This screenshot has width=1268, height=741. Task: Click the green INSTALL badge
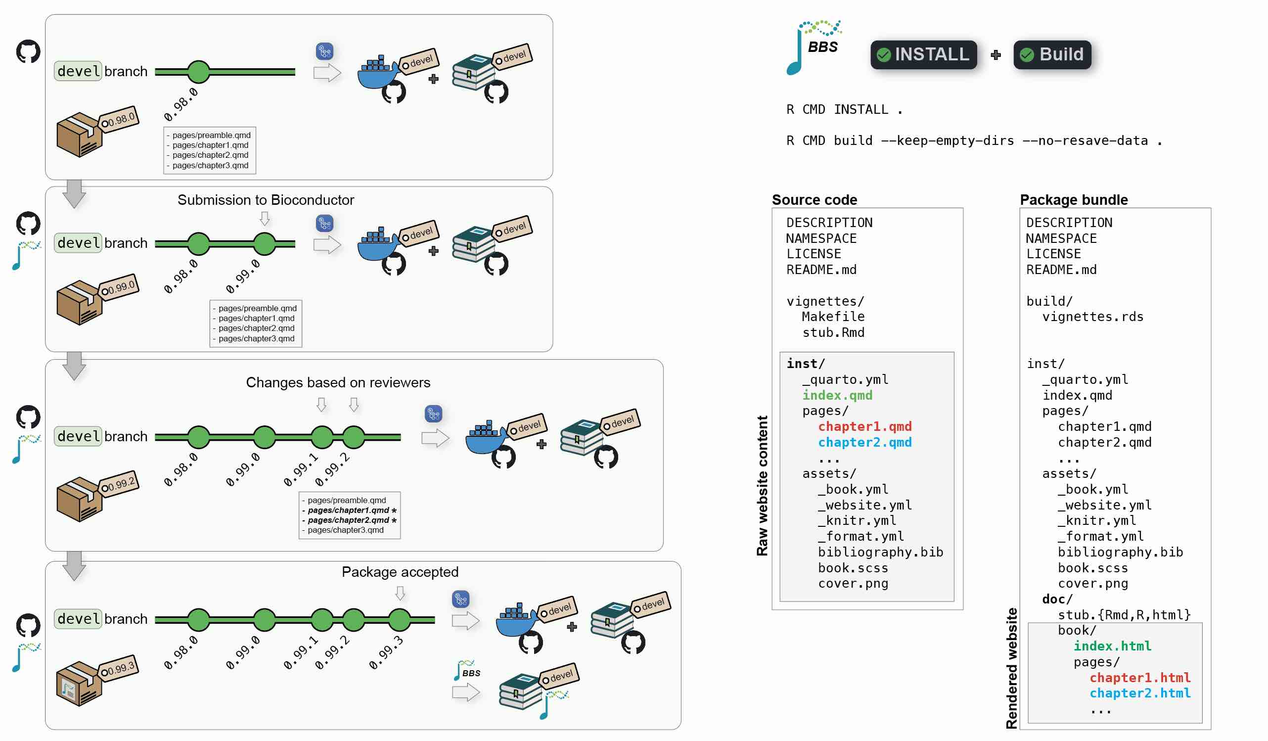[x=923, y=54]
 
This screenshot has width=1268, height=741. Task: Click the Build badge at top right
[x=1052, y=54]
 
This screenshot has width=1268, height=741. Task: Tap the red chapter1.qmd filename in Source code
[x=864, y=426]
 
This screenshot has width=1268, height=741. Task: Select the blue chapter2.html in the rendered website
[x=1140, y=693]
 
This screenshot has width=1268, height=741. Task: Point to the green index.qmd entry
[x=837, y=395]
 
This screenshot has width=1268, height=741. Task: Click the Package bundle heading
[x=1074, y=200]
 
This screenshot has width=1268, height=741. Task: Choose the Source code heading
[x=814, y=200]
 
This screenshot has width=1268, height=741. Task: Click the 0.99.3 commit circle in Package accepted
[x=400, y=620]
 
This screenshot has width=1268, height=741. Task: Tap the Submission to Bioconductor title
[x=266, y=200]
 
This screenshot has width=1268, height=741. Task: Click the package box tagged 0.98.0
[x=80, y=135]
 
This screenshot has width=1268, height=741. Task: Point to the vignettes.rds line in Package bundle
[x=1092, y=317]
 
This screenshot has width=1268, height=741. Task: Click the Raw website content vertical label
[x=762, y=485]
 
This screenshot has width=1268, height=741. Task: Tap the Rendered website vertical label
[x=1011, y=668]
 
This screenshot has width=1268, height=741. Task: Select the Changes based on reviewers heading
[x=338, y=382]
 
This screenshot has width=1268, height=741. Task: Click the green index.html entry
[x=1112, y=646]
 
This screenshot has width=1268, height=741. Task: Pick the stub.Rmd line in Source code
[x=833, y=332]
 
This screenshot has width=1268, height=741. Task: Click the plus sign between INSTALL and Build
[x=996, y=55]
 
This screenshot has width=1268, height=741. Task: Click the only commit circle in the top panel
[x=198, y=72]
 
